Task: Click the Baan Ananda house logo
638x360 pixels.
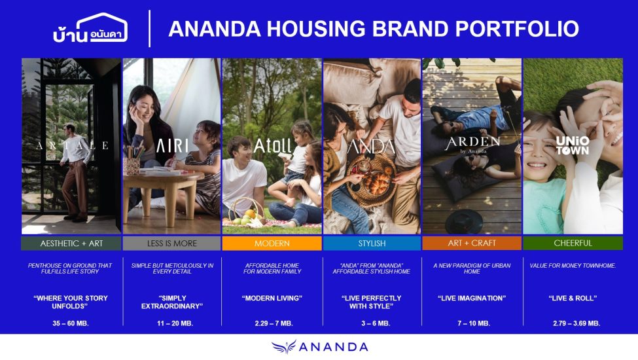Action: click(90, 29)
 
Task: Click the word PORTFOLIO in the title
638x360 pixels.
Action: click(517, 29)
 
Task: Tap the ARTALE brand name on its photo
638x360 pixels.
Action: click(72, 145)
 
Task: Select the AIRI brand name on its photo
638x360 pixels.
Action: click(172, 145)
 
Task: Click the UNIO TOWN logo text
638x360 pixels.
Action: click(573, 145)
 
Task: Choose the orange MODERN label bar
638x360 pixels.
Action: click(272, 243)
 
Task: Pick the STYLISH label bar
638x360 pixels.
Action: click(372, 243)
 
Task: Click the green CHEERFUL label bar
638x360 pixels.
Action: click(573, 243)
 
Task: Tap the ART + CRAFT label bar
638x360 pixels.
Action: click(472, 243)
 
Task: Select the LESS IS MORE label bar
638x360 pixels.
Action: click(171, 243)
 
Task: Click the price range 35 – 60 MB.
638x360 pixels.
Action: click(71, 323)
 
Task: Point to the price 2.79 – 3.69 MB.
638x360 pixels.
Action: click(576, 323)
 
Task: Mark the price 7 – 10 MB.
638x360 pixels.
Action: click(474, 323)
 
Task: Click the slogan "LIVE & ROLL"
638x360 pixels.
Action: click(573, 298)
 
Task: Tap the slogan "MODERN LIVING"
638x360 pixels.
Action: click(272, 298)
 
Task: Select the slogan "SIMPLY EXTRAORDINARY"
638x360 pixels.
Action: click(172, 302)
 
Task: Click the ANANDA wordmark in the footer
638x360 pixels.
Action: click(333, 347)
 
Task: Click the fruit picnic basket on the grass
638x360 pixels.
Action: click(245, 212)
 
